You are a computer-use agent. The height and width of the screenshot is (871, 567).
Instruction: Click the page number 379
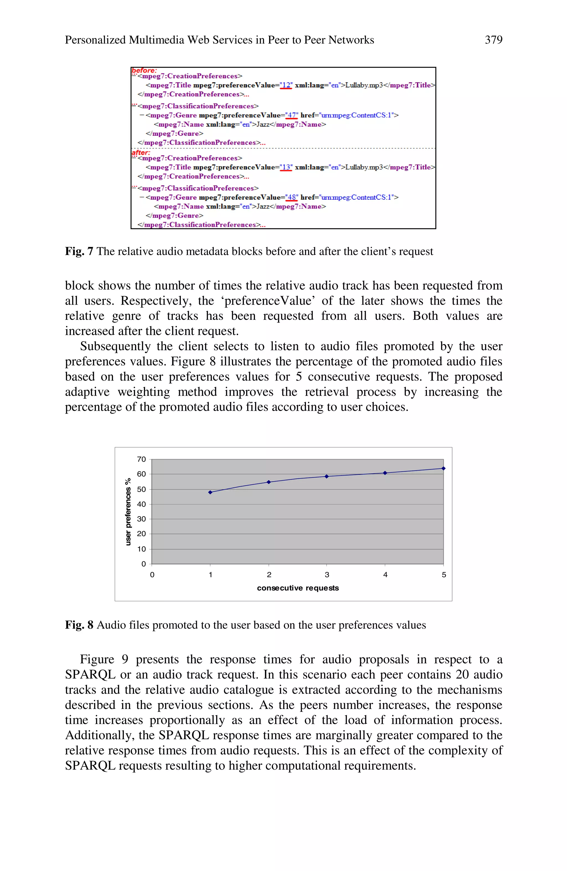click(493, 40)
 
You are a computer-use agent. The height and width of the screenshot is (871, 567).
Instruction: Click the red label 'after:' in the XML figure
click(141, 153)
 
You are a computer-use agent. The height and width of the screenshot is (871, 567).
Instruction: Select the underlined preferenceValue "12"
click(286, 85)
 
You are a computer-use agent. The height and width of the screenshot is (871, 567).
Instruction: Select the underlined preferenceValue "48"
click(292, 197)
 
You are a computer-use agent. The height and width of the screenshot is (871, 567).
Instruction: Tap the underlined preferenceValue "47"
click(292, 115)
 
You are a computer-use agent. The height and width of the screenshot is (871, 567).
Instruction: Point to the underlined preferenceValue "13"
click(286, 167)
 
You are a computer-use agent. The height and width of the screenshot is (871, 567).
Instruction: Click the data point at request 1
click(210, 492)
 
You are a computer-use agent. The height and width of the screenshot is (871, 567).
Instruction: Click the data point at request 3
click(327, 476)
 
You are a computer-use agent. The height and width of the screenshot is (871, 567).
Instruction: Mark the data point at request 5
click(443, 468)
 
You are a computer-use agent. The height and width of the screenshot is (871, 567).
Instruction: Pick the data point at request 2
click(269, 482)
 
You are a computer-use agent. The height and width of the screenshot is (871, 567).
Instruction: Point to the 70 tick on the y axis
click(141, 459)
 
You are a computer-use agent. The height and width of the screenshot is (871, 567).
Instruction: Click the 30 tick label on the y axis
click(141, 519)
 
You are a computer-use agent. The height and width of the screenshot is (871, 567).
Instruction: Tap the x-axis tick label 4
click(385, 575)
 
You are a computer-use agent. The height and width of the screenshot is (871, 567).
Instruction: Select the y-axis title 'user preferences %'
click(128, 512)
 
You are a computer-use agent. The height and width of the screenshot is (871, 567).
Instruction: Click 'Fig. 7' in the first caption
click(79, 251)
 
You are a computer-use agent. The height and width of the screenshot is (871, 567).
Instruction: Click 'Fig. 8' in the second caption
click(79, 625)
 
